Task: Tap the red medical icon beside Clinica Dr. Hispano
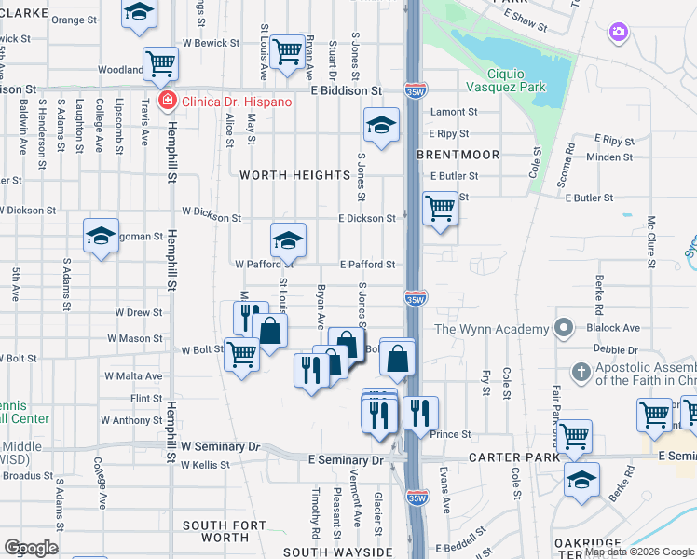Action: pyautogui.click(x=167, y=101)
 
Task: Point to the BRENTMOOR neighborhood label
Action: pyautogui.click(x=458, y=155)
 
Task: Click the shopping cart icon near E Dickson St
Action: pyautogui.click(x=440, y=209)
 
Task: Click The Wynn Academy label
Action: pyautogui.click(x=491, y=329)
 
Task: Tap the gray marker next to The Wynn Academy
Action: pyautogui.click(x=563, y=328)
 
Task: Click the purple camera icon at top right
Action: pyautogui.click(x=618, y=34)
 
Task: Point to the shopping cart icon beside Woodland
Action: pyautogui.click(x=160, y=64)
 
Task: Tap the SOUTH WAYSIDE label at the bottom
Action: pyautogui.click(x=337, y=552)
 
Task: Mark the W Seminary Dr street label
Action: pyautogui.click(x=221, y=447)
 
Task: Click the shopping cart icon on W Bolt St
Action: pyautogui.click(x=241, y=354)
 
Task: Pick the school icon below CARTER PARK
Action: pyautogui.click(x=581, y=480)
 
